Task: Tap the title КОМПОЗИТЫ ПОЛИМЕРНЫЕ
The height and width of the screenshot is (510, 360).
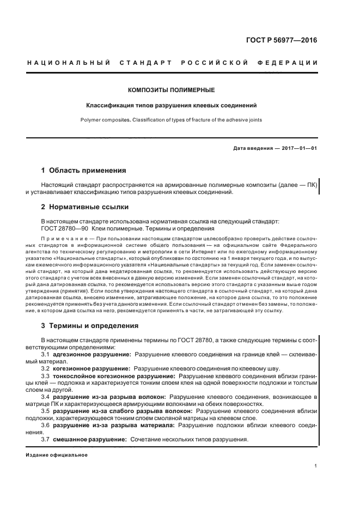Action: pos(171,89)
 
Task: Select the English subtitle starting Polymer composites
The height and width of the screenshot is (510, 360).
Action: pos(171,119)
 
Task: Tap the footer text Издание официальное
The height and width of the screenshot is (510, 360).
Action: pos(56,454)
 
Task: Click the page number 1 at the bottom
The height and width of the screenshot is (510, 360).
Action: pos(315,466)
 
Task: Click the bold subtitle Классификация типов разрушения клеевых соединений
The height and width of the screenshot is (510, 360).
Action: pos(171,104)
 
